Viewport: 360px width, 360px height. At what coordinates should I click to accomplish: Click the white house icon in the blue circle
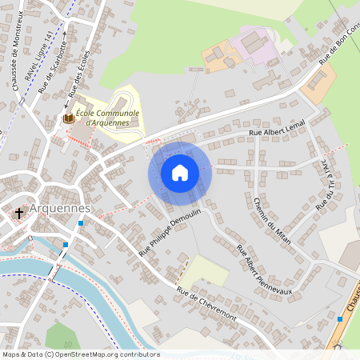coord(180,172)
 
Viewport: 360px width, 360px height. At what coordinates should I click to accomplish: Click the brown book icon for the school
coord(69,118)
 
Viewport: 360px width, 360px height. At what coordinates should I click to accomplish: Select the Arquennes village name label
coord(59,209)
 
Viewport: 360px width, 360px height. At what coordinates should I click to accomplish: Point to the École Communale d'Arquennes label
coord(111,118)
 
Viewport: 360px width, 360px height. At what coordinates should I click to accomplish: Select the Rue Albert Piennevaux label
coord(265,268)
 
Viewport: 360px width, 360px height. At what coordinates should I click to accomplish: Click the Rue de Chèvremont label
coord(206,303)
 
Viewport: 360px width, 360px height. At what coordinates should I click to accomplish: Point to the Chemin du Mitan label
coord(272,220)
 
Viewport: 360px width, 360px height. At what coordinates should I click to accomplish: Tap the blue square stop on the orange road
coord(340,319)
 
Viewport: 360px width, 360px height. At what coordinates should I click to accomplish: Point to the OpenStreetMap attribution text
coord(80,354)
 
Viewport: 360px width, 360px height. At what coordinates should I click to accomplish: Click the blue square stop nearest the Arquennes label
coord(80,222)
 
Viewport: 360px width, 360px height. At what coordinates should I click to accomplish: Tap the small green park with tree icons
coord(60,336)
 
